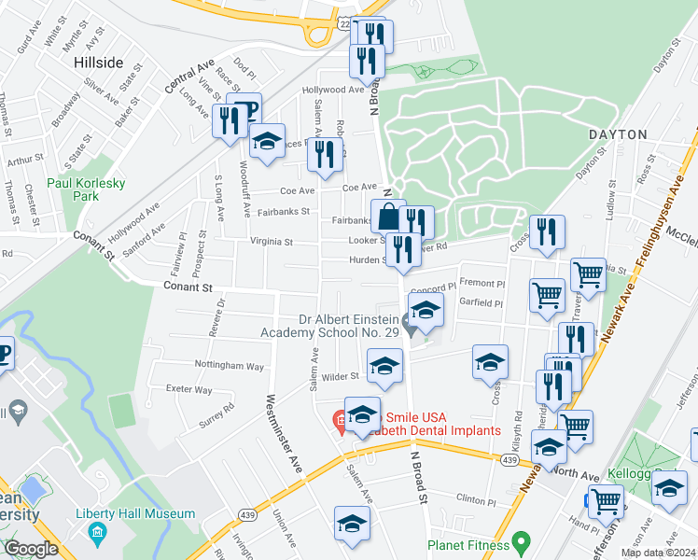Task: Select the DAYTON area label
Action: pos(617,134)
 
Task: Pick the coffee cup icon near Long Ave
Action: pos(244,108)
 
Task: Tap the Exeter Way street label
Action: pos(190,389)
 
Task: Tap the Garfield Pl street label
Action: pos(482,303)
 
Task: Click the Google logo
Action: pos(31,549)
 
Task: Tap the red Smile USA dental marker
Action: pos(341,419)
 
